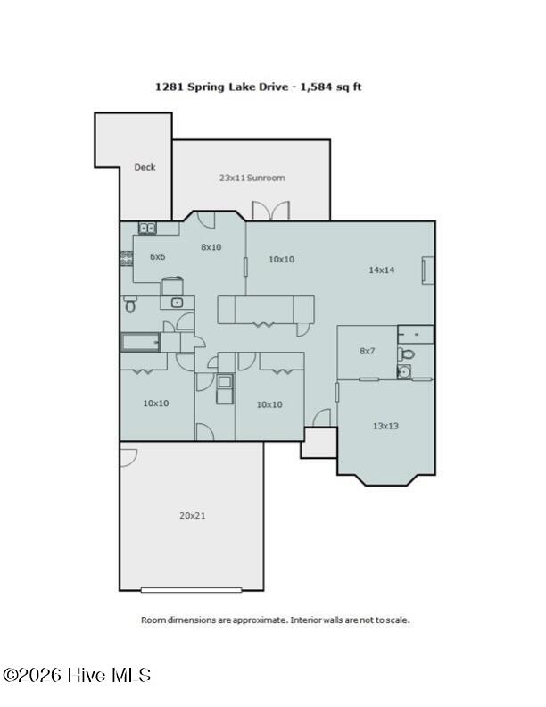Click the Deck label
coord(145,167)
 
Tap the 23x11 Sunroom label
coord(252,178)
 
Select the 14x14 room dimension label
coord(382,270)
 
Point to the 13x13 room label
coord(385,426)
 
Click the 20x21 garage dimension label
coord(193,515)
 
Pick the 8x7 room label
coord(368,351)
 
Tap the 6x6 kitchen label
coord(157,256)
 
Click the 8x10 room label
coord(211,247)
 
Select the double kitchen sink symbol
coord(147,229)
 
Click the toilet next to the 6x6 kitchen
coord(130,304)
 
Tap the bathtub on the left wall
coord(141,342)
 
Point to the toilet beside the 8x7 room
coord(406,354)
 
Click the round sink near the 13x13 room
coord(404,371)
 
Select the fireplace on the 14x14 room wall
coord(427,270)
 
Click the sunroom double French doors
coord(270,211)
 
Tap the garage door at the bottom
coord(192,590)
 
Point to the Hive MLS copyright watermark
coord(77,676)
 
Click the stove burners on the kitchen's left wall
coord(126,258)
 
